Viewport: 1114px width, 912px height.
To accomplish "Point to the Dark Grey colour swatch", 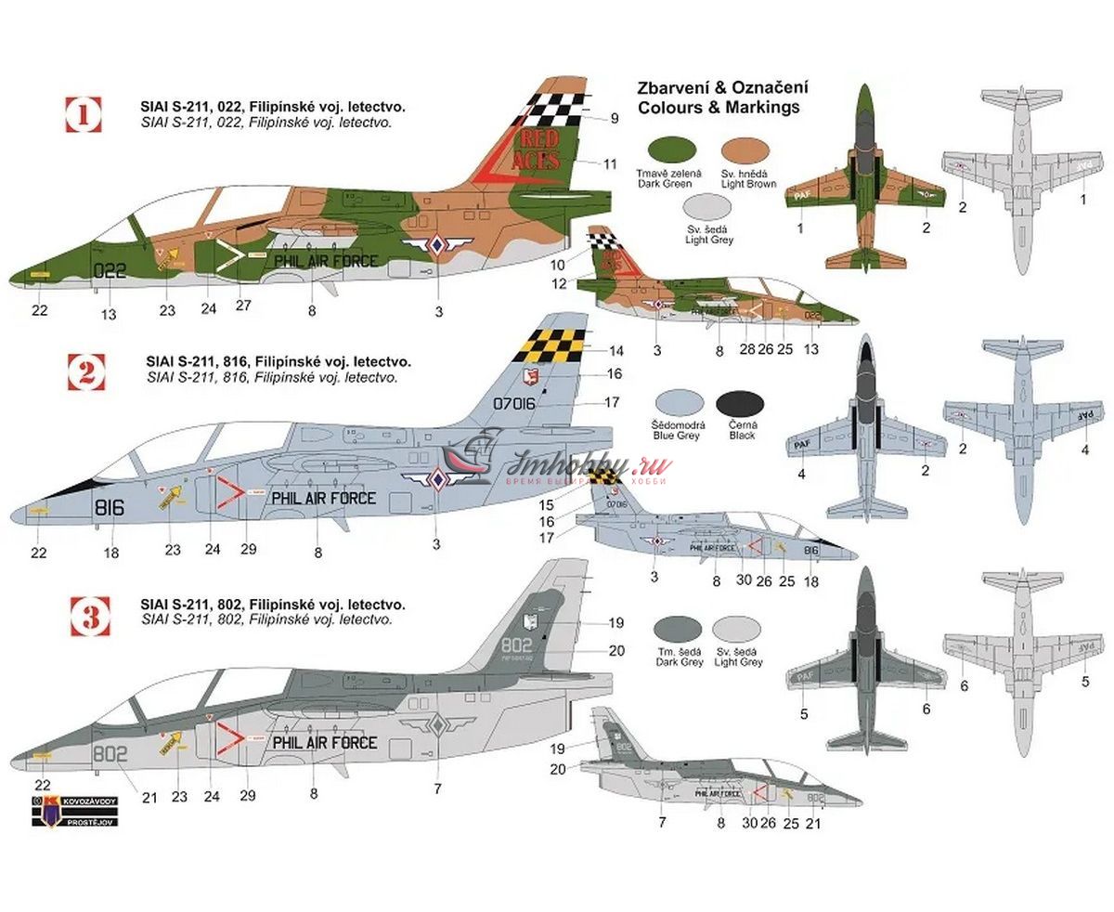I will pyautogui.click(x=678, y=632).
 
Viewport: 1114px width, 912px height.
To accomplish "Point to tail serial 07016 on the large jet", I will pyautogui.click(x=517, y=405).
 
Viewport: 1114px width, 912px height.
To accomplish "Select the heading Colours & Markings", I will pyautogui.click(x=718, y=107).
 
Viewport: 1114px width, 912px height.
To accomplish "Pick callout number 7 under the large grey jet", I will pyautogui.click(x=437, y=788).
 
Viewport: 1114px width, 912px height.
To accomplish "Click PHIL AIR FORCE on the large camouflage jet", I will pyautogui.click(x=325, y=261).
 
